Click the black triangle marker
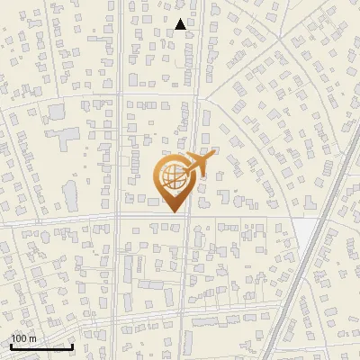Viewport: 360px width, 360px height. click(181, 25)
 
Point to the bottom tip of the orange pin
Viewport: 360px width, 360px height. click(172, 212)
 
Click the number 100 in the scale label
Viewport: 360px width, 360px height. click(19, 338)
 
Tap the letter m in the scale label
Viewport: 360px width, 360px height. click(32, 338)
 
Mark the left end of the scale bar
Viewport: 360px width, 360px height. click(10, 346)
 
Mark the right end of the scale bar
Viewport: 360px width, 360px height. click(72, 346)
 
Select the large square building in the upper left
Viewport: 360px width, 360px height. click(57, 112)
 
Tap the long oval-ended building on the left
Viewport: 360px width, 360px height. click(69, 193)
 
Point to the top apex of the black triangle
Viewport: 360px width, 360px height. click(181, 19)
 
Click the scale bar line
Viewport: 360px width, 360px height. click(40, 346)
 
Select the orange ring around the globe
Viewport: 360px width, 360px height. click(158, 176)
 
